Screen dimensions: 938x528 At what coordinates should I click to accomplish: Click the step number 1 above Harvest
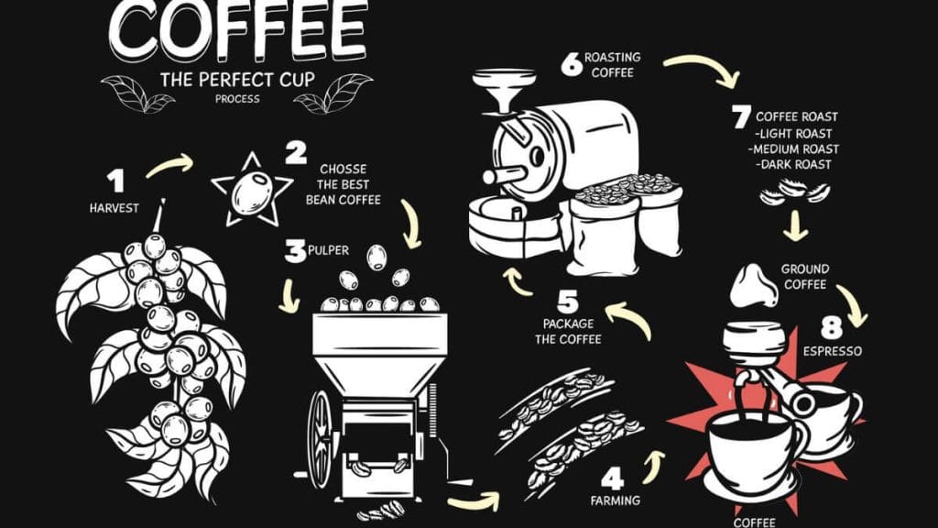coord(116,181)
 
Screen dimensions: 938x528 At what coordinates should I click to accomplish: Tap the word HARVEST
coord(115,208)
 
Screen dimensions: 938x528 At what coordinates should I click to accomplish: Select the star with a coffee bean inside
coord(252,191)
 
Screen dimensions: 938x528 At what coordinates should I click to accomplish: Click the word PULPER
coord(329,250)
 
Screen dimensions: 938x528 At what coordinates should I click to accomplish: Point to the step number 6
coord(572,64)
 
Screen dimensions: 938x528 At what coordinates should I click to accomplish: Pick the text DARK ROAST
coord(793,164)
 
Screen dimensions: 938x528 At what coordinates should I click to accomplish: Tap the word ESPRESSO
coord(832,351)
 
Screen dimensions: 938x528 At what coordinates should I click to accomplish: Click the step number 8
coord(832,327)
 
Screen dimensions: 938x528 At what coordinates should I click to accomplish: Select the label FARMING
coord(615,500)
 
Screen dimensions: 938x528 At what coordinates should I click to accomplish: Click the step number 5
coord(567,302)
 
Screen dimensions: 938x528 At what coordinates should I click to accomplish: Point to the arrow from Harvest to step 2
coord(169,165)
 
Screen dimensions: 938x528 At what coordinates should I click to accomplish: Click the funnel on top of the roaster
coord(505,91)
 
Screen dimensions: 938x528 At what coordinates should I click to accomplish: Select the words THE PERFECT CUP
coord(237,80)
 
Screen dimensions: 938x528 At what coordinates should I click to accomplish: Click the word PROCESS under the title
coord(237,99)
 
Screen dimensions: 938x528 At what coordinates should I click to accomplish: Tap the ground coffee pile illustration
coord(754,286)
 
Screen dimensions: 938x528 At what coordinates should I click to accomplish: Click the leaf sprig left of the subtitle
coord(138,93)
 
